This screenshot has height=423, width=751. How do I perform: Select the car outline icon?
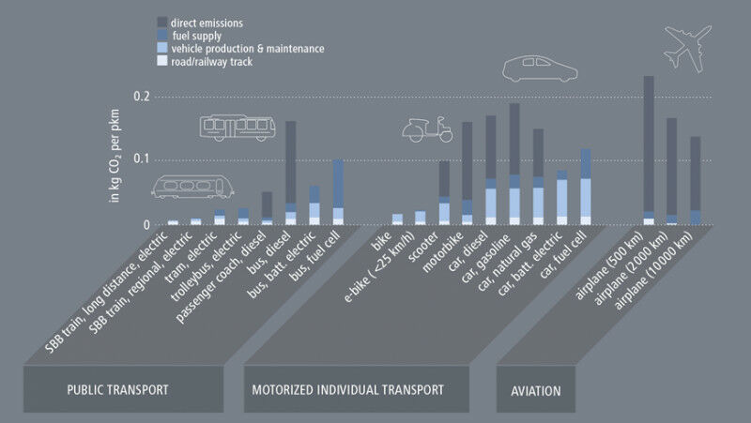point(540,68)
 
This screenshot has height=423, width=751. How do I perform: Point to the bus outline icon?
point(238,127)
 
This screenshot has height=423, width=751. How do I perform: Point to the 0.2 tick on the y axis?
point(142,97)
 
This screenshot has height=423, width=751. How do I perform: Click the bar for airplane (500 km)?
point(649,150)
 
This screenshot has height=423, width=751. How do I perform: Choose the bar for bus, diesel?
point(290,174)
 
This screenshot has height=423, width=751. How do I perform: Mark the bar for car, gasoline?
point(514,164)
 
